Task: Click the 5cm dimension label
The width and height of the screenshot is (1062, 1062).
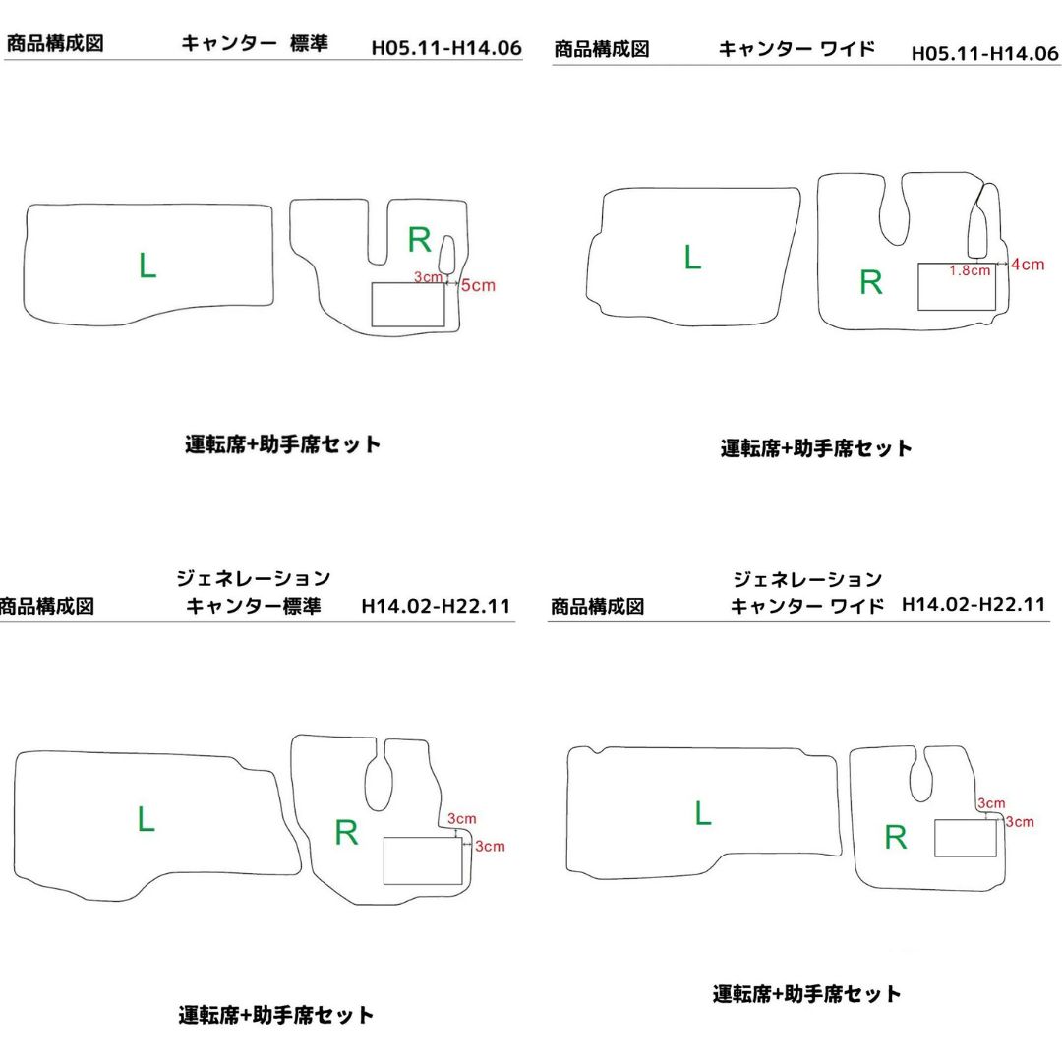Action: click(478, 285)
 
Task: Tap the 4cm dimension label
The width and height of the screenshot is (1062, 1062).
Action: click(1028, 265)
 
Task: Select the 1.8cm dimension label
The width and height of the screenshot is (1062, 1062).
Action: click(970, 271)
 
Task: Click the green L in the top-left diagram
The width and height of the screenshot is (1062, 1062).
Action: click(147, 265)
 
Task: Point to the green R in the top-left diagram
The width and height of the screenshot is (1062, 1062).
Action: click(419, 239)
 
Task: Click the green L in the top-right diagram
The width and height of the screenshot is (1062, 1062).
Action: click(692, 258)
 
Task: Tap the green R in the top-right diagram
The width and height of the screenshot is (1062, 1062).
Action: click(871, 282)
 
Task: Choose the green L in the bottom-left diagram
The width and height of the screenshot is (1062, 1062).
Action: click(147, 819)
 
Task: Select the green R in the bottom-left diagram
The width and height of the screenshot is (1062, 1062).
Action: click(346, 833)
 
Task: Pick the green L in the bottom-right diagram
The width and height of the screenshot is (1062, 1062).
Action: click(703, 813)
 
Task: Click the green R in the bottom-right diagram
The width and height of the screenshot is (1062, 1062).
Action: click(896, 837)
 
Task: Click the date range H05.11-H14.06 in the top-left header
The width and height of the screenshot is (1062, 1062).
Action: click(446, 48)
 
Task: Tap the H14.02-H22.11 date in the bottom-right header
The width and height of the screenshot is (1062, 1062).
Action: click(973, 604)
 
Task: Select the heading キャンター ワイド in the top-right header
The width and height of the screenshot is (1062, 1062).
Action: click(796, 49)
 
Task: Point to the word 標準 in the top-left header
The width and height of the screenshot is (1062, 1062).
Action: click(309, 43)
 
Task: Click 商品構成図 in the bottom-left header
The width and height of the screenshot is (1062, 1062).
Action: click(46, 606)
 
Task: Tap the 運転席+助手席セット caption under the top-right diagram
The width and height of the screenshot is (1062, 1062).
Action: click(816, 447)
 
